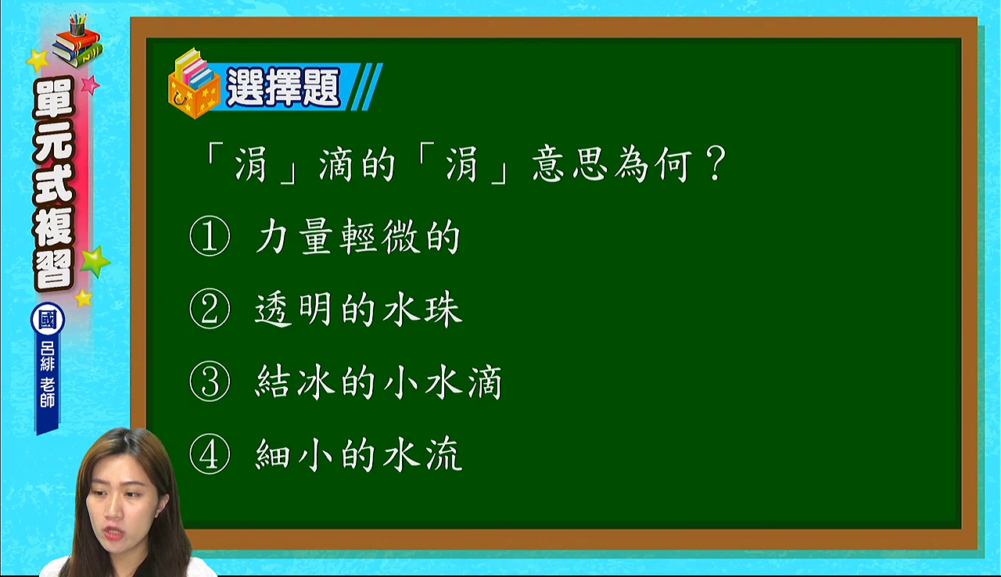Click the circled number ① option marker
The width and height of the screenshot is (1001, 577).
(x=210, y=236)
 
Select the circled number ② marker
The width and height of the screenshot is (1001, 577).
(x=210, y=309)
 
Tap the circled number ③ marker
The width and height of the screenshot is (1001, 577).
(x=210, y=382)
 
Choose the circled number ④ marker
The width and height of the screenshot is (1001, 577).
(x=210, y=454)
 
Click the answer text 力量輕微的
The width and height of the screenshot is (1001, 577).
(x=357, y=237)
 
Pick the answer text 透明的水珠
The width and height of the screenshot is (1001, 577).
(x=358, y=309)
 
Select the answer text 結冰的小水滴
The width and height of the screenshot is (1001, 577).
(x=379, y=382)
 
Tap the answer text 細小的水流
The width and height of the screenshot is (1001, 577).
(x=358, y=454)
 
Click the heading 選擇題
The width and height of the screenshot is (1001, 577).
(x=283, y=87)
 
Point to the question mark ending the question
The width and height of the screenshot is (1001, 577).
(x=716, y=163)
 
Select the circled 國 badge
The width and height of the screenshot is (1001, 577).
(x=48, y=319)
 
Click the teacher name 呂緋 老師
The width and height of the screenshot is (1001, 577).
(x=48, y=375)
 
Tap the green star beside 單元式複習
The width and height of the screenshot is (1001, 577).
(x=95, y=261)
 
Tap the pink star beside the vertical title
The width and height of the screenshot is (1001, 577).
(x=90, y=84)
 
